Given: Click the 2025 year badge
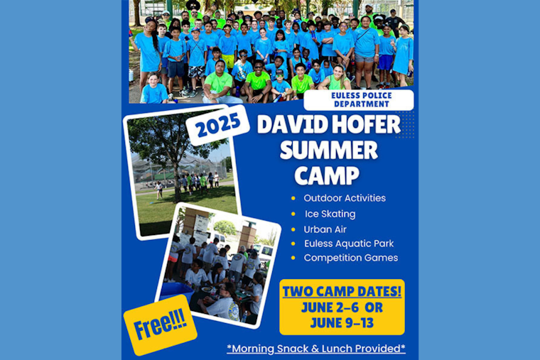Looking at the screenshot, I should pos(217,126).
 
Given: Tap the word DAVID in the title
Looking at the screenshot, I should pos(287,124).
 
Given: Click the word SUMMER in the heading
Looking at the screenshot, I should pos(329,150).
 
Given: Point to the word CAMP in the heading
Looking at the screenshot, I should pos(327,175).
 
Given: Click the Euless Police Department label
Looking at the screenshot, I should pos(359,99).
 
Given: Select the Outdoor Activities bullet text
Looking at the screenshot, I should pos(345,198).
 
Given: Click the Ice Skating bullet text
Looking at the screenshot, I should pos(330,214).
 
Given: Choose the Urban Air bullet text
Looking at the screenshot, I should pos(325,229).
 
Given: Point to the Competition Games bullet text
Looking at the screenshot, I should pos(351,258).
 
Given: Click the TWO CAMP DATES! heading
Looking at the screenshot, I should pos(342,291).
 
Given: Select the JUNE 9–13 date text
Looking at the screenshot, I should pos(342,324).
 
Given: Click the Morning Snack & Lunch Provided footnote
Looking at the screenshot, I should pos(316,348).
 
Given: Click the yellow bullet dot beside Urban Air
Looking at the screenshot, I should pos(293,229).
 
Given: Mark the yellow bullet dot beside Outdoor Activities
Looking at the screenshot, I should pos(293,198).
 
